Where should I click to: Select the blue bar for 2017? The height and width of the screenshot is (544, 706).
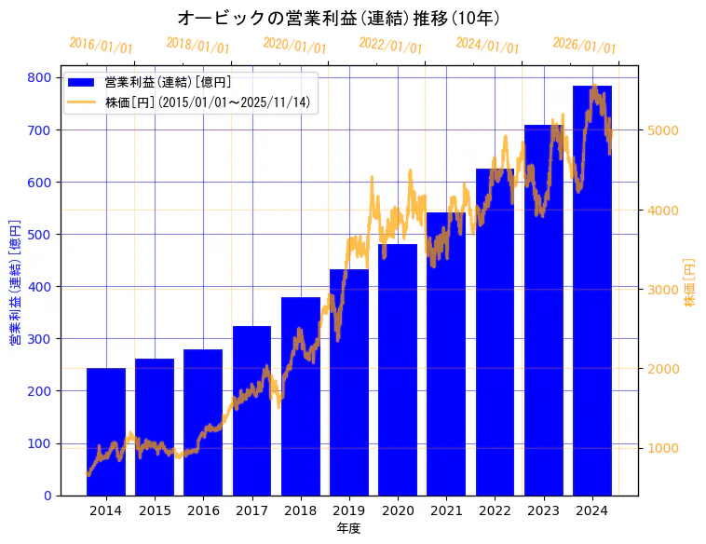click(251, 410)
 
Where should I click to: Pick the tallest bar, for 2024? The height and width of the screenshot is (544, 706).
click(592, 290)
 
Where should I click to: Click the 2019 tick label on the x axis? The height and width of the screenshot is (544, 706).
click(349, 510)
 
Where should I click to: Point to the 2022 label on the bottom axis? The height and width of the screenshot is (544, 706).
click(495, 510)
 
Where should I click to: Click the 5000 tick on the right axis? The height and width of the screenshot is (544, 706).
click(662, 130)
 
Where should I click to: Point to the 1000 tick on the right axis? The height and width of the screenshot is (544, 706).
click(662, 448)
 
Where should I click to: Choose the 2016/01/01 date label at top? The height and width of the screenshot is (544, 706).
click(102, 46)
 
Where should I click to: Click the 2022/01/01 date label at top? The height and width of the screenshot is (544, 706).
click(390, 46)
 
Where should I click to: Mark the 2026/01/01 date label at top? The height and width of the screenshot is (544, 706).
click(584, 46)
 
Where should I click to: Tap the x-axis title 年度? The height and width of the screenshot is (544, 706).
click(348, 528)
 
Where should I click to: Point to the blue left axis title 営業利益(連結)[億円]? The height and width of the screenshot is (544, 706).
click(14, 282)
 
